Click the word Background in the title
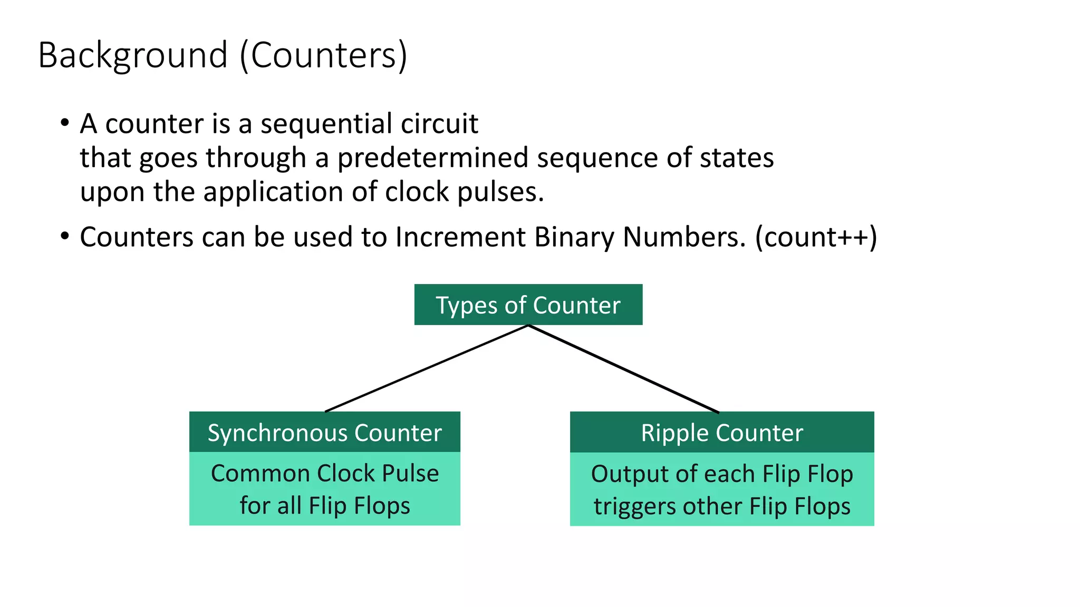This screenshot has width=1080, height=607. pos(133,56)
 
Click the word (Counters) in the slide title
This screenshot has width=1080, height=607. pos(323,56)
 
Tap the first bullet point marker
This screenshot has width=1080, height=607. pos(64,123)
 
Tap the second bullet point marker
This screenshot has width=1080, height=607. pos(64,237)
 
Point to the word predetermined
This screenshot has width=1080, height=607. pos(432,158)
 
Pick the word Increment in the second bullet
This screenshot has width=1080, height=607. pos(460,237)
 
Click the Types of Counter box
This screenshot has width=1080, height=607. pos(528,305)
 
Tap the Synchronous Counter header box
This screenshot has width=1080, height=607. pos(324,433)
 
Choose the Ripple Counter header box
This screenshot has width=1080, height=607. pos(721,433)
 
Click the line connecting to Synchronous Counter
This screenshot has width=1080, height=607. pos(426,368)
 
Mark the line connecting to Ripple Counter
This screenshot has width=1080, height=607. pos(623,369)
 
